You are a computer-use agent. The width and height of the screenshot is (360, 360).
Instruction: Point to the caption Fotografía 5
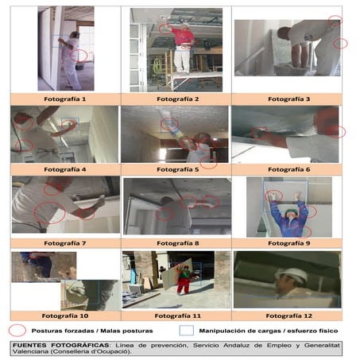point(177,169)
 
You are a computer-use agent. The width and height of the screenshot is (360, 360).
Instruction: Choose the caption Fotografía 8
point(177,242)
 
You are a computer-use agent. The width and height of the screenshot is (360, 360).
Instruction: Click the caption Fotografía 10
point(66,315)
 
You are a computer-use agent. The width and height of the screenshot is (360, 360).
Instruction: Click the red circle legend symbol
point(17,329)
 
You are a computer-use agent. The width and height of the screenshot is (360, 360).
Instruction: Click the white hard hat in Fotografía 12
point(296,275)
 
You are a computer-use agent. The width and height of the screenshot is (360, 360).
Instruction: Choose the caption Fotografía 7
point(66,242)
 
